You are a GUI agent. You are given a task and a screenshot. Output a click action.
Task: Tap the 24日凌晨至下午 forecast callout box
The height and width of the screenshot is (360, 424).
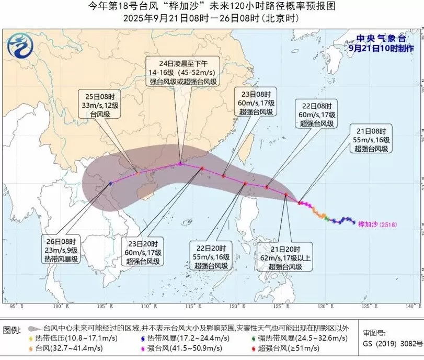(x=183, y=73)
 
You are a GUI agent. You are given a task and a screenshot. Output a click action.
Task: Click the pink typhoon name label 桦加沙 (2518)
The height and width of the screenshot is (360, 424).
(x=376, y=224)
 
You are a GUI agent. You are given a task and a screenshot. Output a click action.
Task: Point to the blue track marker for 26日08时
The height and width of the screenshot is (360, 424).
(x=111, y=183)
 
